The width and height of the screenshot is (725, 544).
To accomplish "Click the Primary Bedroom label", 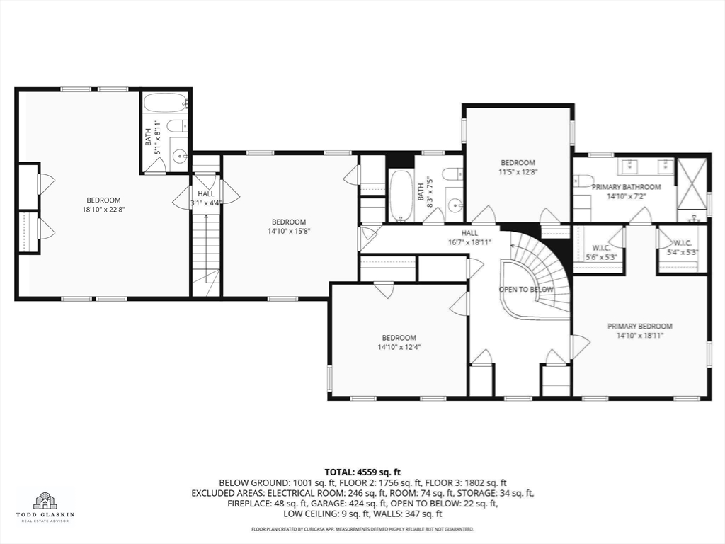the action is pos(639,326).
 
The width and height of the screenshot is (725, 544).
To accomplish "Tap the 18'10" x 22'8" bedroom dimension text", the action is pos(103,210).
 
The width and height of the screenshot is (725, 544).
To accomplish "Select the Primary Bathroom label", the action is pos(627,187).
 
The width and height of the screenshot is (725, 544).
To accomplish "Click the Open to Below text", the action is pos(526,290).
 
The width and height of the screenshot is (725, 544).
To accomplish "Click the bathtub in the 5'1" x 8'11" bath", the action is pos(166,103).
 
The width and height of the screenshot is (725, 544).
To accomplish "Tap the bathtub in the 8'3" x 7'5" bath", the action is pos(401,195).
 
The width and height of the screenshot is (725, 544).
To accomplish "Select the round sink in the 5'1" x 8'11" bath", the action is pos(180,156).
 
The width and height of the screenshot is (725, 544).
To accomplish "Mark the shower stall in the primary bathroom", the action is pos(692,184).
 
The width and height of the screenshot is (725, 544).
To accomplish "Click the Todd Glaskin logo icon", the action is pos(45,500).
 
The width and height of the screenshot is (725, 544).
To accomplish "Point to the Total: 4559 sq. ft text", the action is pos(362,472).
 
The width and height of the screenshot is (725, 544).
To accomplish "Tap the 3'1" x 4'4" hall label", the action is pos(206,198).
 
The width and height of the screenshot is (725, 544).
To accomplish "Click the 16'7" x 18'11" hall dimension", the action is pos(469,242).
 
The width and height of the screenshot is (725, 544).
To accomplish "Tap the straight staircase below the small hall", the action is pos(206,254).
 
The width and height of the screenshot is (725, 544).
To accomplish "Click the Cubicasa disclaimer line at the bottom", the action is pos(362,528).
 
